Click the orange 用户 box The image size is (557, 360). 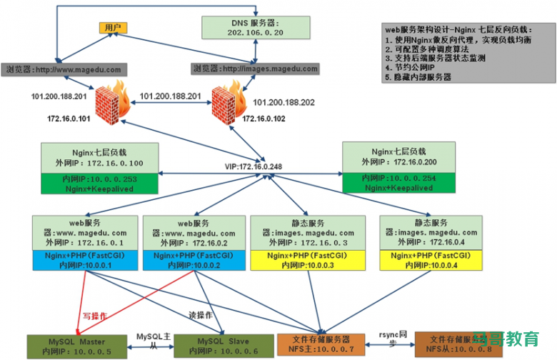[113, 28]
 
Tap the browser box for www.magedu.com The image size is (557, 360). [65, 69]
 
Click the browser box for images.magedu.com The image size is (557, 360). [254, 69]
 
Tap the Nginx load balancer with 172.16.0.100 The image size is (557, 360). [99, 158]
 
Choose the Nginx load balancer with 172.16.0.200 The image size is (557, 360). [398, 158]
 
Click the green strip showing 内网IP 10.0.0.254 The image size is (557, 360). [398, 182]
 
